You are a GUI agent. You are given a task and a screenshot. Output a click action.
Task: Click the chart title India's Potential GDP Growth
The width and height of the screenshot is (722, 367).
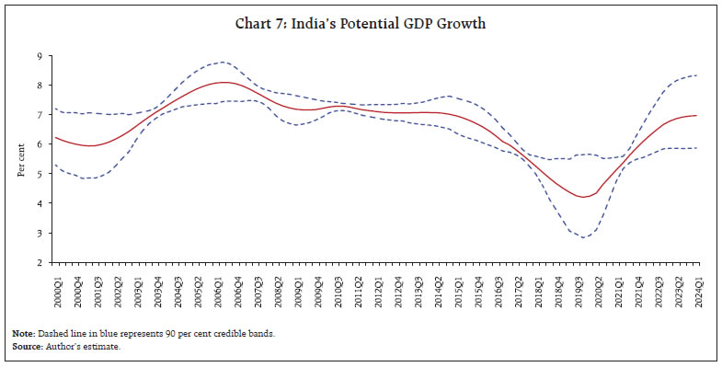pos(361,24)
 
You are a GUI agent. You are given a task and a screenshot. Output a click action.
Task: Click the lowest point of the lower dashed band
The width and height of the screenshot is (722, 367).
pos(582,237)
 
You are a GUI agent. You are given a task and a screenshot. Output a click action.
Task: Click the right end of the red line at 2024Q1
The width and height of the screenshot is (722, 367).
pos(697,115)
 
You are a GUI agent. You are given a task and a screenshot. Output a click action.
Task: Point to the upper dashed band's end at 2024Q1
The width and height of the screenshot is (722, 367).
pos(697,75)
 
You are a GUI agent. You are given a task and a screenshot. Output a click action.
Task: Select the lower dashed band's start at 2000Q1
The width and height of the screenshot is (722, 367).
pos(56,165)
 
